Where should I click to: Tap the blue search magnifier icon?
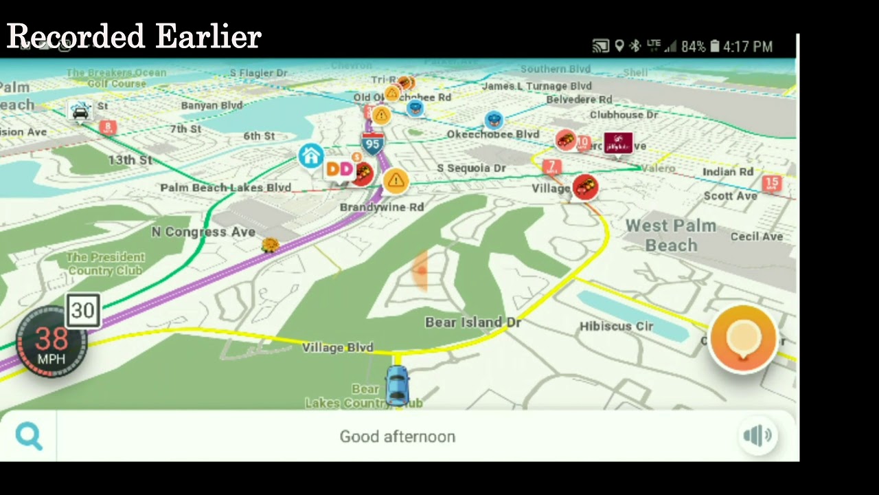point(29,436)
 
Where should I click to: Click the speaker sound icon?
point(757,435)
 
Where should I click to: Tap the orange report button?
point(743,339)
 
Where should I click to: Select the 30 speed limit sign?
point(83,311)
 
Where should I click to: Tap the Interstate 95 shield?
point(372,144)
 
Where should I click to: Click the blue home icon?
point(311,156)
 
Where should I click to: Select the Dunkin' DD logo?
point(339,169)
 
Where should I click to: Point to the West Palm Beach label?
point(670,235)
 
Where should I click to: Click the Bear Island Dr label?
point(472,322)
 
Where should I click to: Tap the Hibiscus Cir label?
point(616,327)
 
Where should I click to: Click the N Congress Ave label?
point(203,232)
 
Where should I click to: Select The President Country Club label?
point(105,263)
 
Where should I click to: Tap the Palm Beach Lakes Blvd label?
point(225,188)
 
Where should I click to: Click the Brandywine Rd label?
point(381,207)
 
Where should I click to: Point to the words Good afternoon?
point(397,437)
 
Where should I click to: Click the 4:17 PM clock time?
point(748,47)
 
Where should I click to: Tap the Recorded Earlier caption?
point(134,36)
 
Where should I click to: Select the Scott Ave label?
point(730,196)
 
